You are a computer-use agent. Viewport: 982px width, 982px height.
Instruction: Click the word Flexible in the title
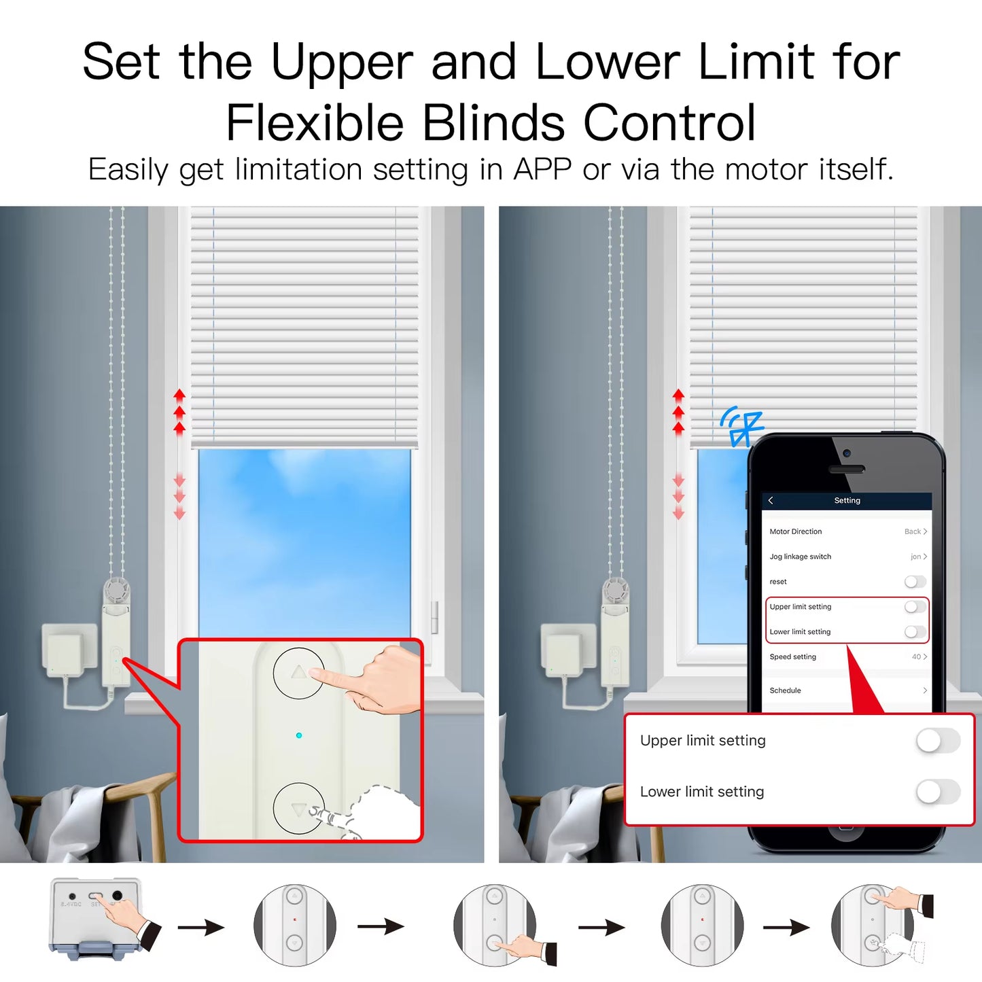click(315, 123)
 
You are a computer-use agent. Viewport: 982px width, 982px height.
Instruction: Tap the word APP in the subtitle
click(542, 169)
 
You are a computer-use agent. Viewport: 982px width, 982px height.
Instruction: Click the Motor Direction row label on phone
click(795, 531)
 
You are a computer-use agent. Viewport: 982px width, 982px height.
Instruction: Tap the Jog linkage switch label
click(800, 557)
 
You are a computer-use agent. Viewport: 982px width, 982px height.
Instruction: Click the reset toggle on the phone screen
click(915, 582)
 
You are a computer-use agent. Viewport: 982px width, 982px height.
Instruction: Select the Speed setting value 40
click(916, 656)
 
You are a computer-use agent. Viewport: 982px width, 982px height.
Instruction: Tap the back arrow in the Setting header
click(771, 501)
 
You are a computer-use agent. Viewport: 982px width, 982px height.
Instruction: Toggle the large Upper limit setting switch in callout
click(937, 741)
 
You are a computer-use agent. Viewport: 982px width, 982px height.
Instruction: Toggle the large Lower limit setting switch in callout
click(937, 792)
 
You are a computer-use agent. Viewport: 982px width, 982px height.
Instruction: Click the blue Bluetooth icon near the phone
click(743, 426)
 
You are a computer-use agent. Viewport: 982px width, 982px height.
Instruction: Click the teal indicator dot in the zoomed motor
click(299, 735)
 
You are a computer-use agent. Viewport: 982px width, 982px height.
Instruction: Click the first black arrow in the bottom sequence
click(201, 928)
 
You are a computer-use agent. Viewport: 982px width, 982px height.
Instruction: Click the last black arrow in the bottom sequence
click(786, 928)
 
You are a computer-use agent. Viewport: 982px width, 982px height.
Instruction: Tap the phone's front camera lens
click(846, 453)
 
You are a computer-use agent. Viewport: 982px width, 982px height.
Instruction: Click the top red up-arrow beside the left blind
click(179, 394)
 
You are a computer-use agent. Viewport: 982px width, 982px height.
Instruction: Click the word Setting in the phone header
click(847, 501)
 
